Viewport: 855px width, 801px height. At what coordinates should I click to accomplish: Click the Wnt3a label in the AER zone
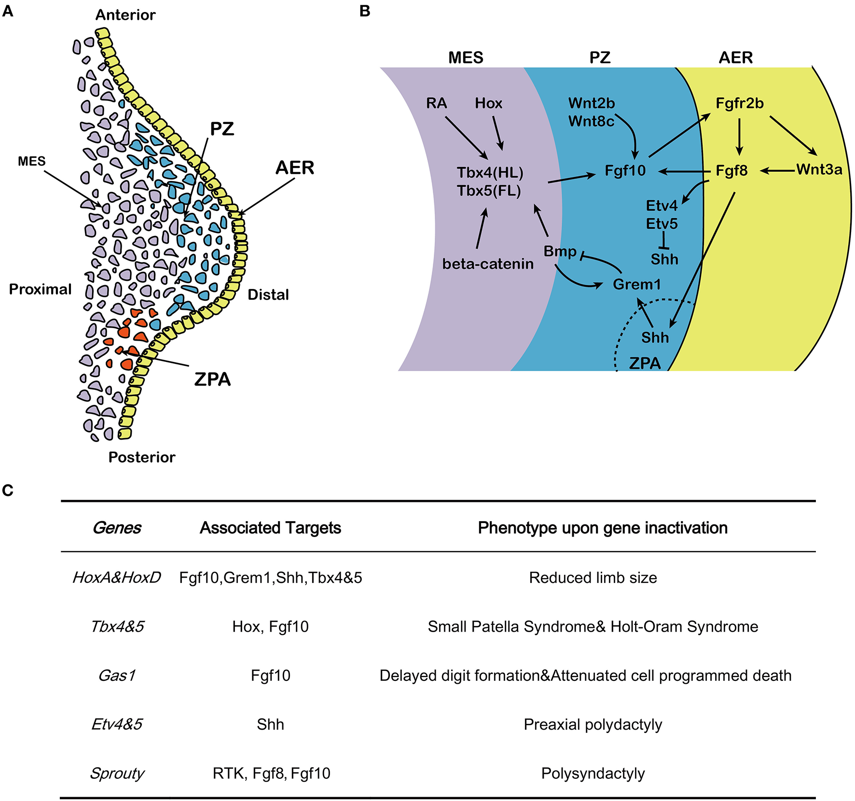pyautogui.click(x=819, y=169)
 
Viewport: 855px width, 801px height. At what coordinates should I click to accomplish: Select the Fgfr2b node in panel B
pyautogui.click(x=739, y=103)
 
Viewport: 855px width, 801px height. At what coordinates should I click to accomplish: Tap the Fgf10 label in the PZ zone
pyautogui.click(x=625, y=171)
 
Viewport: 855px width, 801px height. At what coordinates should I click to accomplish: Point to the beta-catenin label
pyautogui.click(x=488, y=264)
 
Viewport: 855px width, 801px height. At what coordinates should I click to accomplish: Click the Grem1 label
pyautogui.click(x=636, y=284)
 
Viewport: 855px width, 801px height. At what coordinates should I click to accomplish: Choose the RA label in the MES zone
pyautogui.click(x=437, y=103)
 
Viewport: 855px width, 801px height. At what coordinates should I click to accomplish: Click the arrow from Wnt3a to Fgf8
pyautogui.click(x=778, y=170)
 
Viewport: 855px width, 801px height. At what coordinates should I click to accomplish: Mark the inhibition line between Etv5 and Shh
pyautogui.click(x=664, y=240)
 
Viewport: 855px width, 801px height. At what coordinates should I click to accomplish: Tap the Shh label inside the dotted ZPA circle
pyautogui.click(x=655, y=337)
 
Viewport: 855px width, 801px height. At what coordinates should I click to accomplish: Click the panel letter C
pyautogui.click(x=8, y=491)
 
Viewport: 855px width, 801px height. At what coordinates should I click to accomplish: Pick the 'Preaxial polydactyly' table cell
pyautogui.click(x=593, y=724)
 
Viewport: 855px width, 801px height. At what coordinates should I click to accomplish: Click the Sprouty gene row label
pyautogui.click(x=117, y=773)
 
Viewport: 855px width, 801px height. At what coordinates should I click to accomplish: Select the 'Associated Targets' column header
pyautogui.click(x=270, y=528)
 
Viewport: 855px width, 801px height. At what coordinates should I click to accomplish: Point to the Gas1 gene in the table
pyautogui.click(x=117, y=676)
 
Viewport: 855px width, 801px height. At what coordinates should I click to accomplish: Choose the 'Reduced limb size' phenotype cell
pyautogui.click(x=593, y=578)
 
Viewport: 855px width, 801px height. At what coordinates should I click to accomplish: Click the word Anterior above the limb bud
pyautogui.click(x=125, y=15)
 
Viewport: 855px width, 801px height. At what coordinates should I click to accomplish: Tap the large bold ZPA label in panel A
pyautogui.click(x=212, y=379)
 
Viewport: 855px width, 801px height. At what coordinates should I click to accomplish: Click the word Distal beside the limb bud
pyautogui.click(x=268, y=294)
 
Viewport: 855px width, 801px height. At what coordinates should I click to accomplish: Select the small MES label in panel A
pyautogui.click(x=32, y=161)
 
